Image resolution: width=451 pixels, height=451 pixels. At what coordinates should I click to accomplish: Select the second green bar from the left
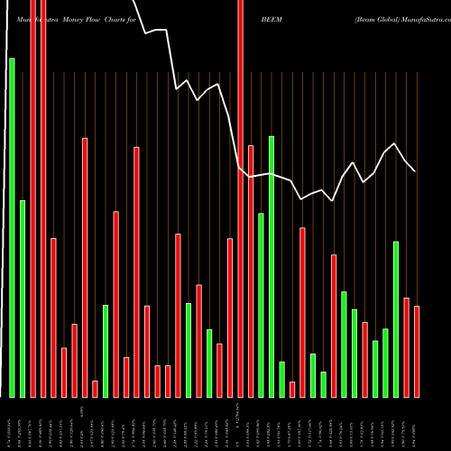pos(23,299)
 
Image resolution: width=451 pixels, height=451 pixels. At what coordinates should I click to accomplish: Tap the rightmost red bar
pos(417,352)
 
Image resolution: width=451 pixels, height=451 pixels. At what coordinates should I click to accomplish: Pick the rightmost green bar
pos(396,319)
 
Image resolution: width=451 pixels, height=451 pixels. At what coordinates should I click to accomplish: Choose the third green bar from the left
pos(106,351)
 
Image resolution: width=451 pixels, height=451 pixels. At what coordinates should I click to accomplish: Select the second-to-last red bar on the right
pos(406,347)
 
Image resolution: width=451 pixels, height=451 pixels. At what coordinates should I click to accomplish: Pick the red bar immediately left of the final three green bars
pos(364,360)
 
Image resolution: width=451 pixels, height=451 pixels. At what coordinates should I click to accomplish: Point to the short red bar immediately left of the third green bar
pos(95,389)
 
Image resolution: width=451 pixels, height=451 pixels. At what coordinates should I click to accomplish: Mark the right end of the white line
pos(415,170)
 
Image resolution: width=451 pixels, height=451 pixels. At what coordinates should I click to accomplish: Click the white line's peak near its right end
pos(395,144)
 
